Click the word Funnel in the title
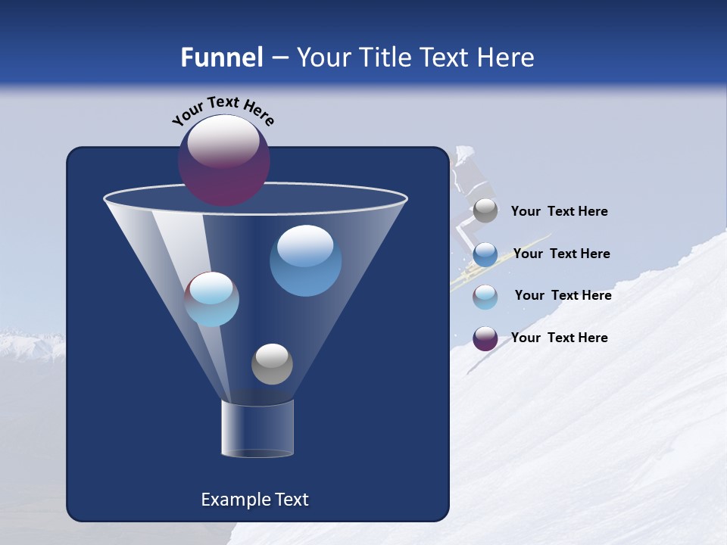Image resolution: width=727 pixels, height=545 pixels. (x=222, y=57)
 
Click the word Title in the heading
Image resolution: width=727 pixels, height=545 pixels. (x=385, y=57)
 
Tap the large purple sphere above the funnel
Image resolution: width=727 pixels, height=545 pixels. (x=223, y=160)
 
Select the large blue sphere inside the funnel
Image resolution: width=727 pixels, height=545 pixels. (x=305, y=260)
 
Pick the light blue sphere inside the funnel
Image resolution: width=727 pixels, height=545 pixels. (x=212, y=299)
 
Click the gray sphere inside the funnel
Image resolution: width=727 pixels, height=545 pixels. (x=272, y=363)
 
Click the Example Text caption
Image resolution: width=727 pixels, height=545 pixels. (x=254, y=500)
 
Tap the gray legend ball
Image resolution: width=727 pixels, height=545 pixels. (x=485, y=211)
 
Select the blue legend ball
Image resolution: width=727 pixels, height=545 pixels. (x=485, y=254)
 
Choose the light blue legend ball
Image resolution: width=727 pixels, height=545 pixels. (x=485, y=297)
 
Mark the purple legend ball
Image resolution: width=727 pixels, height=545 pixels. (x=485, y=338)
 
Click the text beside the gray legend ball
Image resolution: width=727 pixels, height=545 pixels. (x=559, y=212)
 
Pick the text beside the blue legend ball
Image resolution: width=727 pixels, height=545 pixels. (x=561, y=254)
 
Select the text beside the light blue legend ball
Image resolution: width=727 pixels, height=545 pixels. (x=563, y=296)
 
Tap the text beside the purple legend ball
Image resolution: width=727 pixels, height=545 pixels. (x=559, y=338)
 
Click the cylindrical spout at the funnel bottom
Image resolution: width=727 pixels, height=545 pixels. (x=257, y=428)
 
